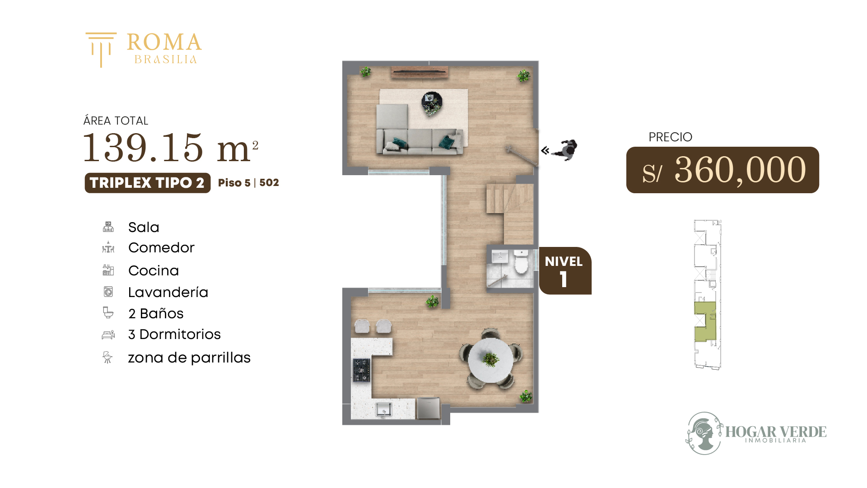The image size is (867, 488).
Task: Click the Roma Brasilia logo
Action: [144, 49]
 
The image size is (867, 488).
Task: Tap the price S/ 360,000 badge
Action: [722, 170]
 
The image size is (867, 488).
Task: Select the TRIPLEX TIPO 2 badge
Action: [147, 183]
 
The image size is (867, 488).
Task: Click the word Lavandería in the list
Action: [168, 292]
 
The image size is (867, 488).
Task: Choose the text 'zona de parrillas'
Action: [189, 358]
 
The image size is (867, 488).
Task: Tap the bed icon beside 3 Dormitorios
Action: [108, 335]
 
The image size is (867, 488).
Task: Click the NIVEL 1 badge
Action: [565, 271]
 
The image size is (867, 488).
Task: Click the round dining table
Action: [490, 360]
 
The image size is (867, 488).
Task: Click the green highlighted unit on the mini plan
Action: [705, 321]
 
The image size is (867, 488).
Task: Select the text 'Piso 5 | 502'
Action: [248, 183]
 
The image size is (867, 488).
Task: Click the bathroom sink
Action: [500, 256]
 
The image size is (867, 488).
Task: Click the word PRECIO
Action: [670, 137]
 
